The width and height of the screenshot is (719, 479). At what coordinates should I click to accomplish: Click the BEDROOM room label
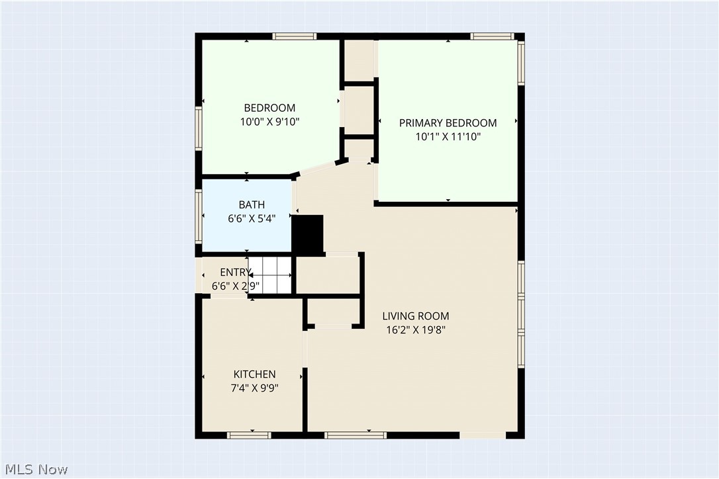[269, 108]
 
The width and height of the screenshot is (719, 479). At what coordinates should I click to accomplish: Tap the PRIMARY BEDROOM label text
[448, 123]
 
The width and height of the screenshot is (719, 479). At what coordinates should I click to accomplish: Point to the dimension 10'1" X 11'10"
[448, 137]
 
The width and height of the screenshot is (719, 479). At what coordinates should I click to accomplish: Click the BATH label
[252, 204]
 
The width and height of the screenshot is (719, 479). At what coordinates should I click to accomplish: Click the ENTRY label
[235, 273]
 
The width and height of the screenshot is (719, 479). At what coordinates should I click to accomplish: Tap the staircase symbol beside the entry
[272, 275]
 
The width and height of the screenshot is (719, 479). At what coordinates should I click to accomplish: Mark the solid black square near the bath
[307, 234]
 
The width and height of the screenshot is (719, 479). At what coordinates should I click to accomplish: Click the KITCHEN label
[254, 374]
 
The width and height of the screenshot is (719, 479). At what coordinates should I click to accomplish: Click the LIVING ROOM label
[415, 316]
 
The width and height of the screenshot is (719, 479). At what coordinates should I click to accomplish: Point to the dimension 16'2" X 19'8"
[414, 330]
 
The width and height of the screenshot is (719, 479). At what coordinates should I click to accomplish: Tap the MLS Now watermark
[34, 470]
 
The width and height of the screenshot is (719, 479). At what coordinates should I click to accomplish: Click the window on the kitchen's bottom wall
[249, 435]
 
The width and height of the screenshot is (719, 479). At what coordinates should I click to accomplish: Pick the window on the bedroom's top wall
[295, 36]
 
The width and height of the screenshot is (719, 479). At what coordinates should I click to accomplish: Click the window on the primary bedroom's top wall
[493, 36]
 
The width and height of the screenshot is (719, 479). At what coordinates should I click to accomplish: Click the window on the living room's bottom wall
[356, 435]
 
